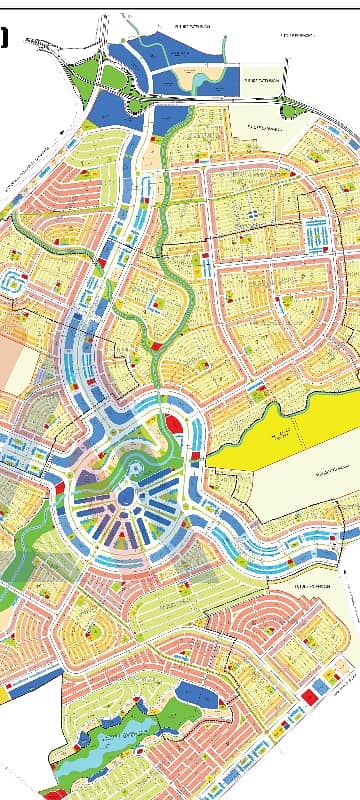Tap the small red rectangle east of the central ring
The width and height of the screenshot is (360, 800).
click(194, 456)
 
